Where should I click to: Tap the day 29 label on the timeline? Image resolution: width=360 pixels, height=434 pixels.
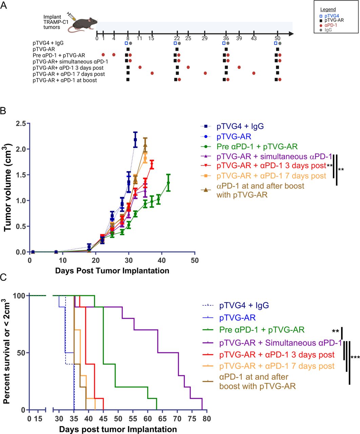[x=204, y=38]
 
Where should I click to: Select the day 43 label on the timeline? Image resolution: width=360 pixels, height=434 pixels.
[x=254, y=38]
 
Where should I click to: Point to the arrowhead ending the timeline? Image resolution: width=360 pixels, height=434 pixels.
[x=290, y=34]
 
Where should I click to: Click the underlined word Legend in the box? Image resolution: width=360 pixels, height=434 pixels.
[x=328, y=9]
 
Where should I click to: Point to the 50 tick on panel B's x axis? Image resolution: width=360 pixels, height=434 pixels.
[x=195, y=260]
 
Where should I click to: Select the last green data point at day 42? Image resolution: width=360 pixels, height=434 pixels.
[x=168, y=183]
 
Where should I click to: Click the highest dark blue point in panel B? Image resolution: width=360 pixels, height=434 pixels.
[x=135, y=139]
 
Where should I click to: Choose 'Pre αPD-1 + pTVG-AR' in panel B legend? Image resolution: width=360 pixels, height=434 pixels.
[x=257, y=147]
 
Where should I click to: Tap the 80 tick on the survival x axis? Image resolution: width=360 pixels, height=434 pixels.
[x=206, y=419]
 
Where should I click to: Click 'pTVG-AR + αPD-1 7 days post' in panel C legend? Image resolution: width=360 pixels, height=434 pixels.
[x=277, y=366]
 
